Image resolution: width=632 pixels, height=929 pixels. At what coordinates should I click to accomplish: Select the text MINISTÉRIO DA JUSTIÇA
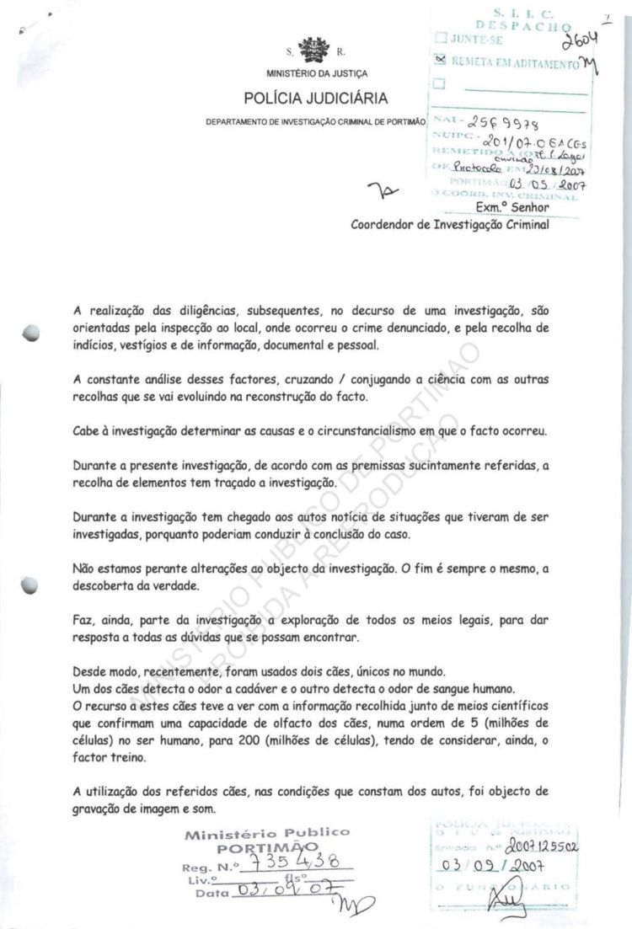tap(315, 73)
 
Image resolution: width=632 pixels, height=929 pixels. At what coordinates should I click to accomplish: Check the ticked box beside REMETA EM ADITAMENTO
tap(438, 61)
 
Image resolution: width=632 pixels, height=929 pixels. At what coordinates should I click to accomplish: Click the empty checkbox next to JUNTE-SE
tap(438, 38)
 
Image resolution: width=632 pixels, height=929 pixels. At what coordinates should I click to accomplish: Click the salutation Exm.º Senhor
tap(512, 207)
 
